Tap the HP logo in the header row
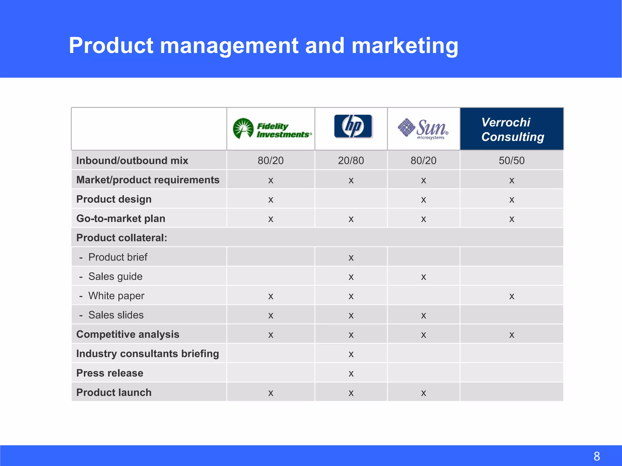[x=353, y=127]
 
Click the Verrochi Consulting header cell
[x=512, y=129]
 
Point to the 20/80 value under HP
[x=351, y=160]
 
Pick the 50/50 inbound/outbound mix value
[x=511, y=160]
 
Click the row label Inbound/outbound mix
[x=132, y=160]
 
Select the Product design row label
[x=114, y=199]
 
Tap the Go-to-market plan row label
[x=121, y=218]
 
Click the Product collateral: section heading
[x=121, y=238]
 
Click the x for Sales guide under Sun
[x=423, y=277]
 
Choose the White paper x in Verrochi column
[x=512, y=296]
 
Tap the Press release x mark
[x=351, y=374]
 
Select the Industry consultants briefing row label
[x=148, y=354]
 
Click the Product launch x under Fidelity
[x=271, y=393]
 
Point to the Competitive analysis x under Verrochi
[x=512, y=335]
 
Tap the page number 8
[x=596, y=456]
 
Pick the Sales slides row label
[x=116, y=315]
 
